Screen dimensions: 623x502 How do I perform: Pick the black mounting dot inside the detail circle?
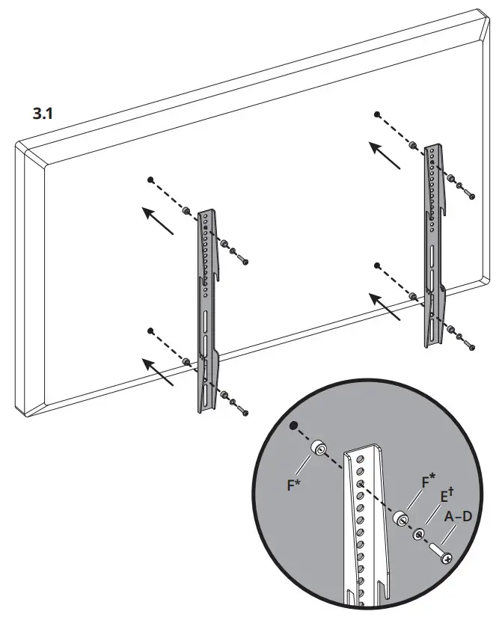(x=293, y=426)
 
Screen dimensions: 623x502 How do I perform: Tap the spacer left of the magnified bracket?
(x=319, y=449)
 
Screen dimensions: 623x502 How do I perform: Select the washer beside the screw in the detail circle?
(x=420, y=534)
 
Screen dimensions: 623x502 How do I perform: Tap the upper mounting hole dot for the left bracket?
(x=150, y=179)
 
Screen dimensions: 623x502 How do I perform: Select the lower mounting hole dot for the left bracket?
(x=150, y=330)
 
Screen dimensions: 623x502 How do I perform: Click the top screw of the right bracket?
(x=470, y=194)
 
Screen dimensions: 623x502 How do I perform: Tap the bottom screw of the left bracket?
(x=243, y=412)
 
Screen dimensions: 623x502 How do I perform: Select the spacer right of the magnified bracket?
(x=401, y=518)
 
